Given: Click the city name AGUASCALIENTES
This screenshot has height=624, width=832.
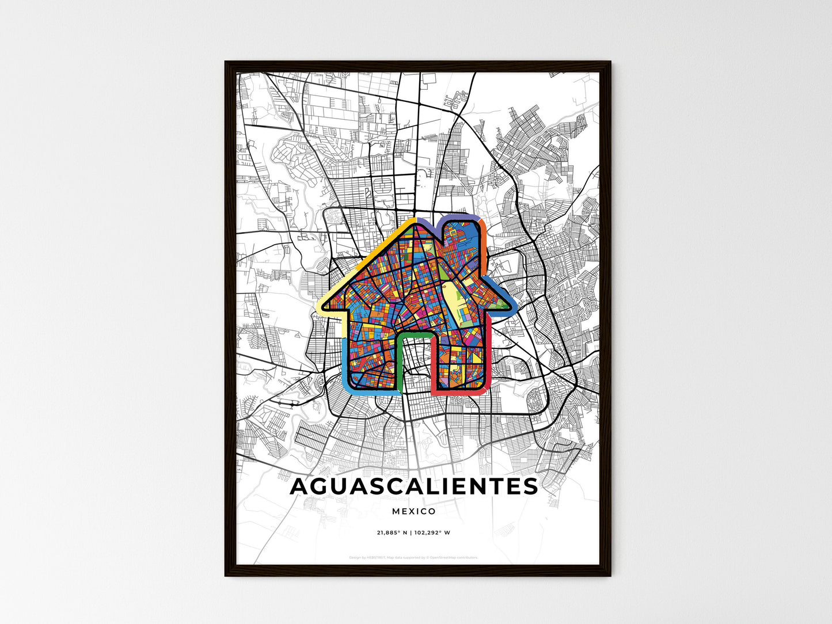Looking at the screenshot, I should [414, 486].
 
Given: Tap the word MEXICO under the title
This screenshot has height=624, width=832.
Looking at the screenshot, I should [414, 511].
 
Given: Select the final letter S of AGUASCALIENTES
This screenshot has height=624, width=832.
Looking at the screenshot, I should [530, 486].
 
